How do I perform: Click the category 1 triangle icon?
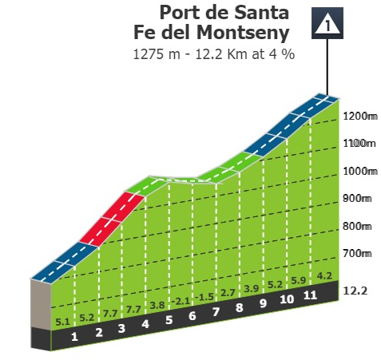point(327,23)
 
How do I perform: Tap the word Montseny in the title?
point(243,32)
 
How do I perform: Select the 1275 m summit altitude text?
point(157,54)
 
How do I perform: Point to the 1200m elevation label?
point(360,117)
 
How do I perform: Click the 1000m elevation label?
point(360,171)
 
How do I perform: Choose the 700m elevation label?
point(357,253)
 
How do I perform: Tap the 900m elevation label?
point(357,198)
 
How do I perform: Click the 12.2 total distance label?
point(355,291)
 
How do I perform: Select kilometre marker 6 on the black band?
point(192,316)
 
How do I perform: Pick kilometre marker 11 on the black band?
point(311,295)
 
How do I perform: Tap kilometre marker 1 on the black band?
point(74,337)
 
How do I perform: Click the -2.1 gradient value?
point(181,302)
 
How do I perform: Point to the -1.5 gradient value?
point(204,297)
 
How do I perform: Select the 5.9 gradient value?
point(298,280)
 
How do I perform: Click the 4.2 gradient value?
point(324,276)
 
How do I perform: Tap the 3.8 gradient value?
point(157,305)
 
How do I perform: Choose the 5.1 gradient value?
point(62,322)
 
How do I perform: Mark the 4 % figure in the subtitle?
point(282,54)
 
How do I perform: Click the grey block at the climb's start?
point(41,303)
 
